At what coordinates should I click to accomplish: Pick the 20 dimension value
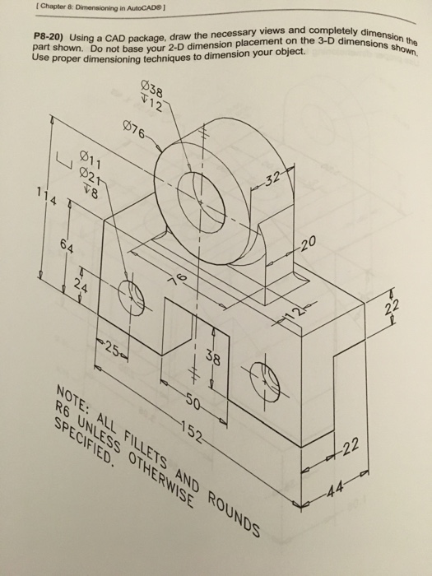pos(307,244)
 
